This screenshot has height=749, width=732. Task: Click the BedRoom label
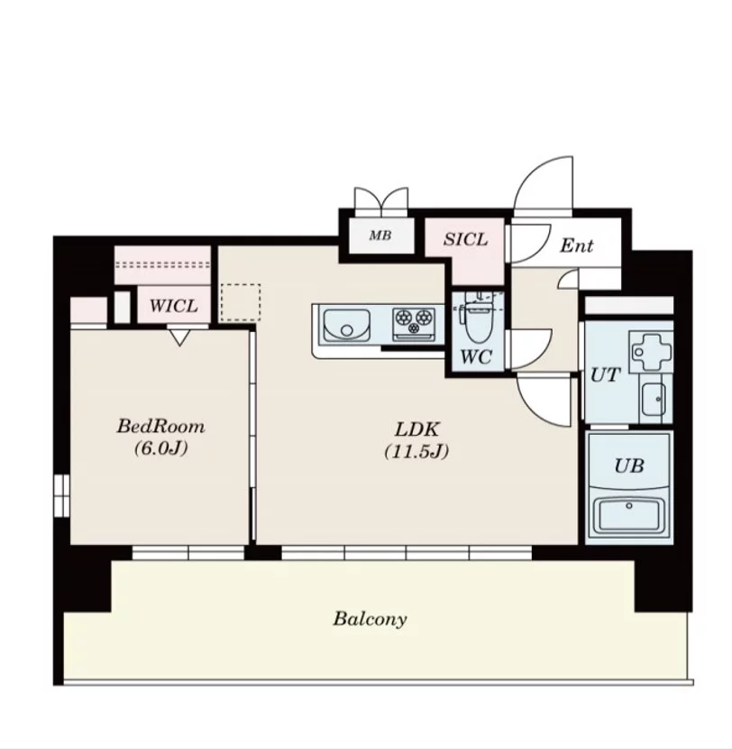coord(160,426)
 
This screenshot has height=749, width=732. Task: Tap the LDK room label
coord(416,429)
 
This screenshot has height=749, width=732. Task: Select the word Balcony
coord(370,618)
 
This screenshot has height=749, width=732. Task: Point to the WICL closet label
coord(173,306)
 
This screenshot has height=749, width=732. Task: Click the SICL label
coord(465,239)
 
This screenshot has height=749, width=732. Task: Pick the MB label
coord(380,235)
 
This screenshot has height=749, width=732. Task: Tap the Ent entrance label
coord(576,245)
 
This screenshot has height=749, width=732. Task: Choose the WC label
coord(476,356)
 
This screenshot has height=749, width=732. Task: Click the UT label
coord(605,375)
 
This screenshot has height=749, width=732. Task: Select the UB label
coord(629,466)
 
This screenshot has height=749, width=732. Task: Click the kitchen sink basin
coord(346,326)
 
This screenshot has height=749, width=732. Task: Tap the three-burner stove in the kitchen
coord(414,324)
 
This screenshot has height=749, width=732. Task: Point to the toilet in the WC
coord(478,318)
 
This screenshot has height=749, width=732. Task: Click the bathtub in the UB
coord(629,515)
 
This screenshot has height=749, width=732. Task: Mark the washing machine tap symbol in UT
coord(651,352)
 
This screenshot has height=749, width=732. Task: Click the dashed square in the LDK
coord(241,302)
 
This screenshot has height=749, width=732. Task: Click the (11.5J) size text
coord(416,451)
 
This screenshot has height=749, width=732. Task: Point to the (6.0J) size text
coord(160,448)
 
